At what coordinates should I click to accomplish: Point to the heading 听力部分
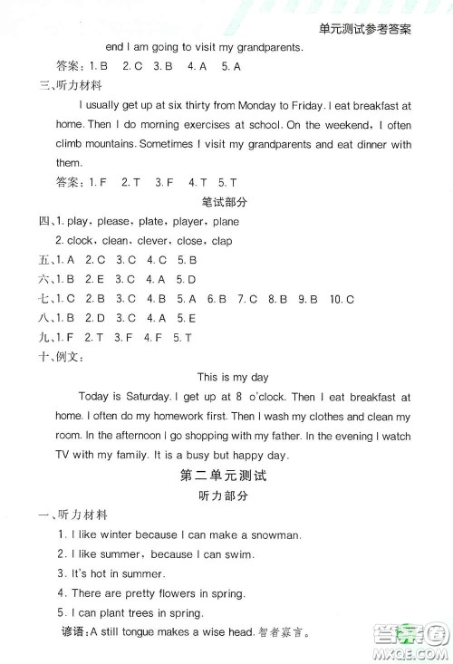click(x=228, y=496)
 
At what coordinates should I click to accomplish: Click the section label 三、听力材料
click(x=69, y=86)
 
